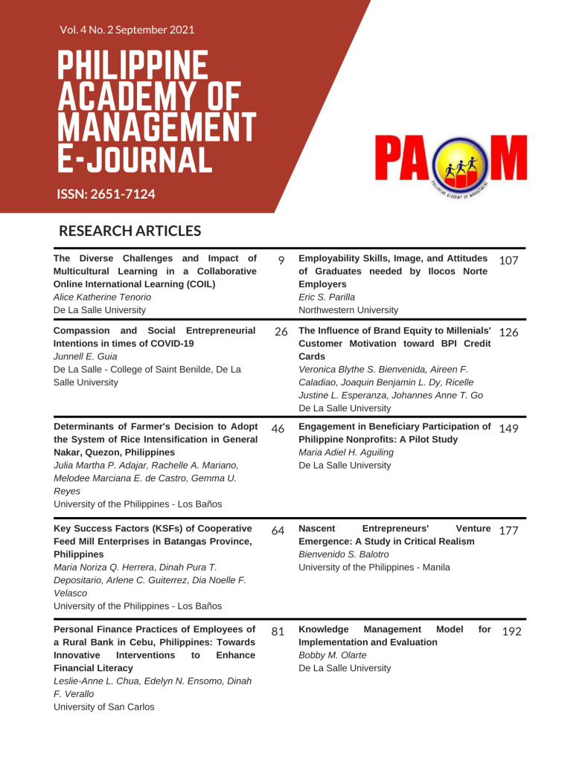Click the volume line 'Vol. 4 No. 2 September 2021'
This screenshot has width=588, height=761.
127,30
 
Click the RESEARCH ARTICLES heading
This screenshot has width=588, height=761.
130,231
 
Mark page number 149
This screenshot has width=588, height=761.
508,429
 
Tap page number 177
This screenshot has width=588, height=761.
508,530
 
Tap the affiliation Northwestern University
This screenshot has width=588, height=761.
348,309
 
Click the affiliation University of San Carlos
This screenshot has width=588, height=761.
104,707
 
